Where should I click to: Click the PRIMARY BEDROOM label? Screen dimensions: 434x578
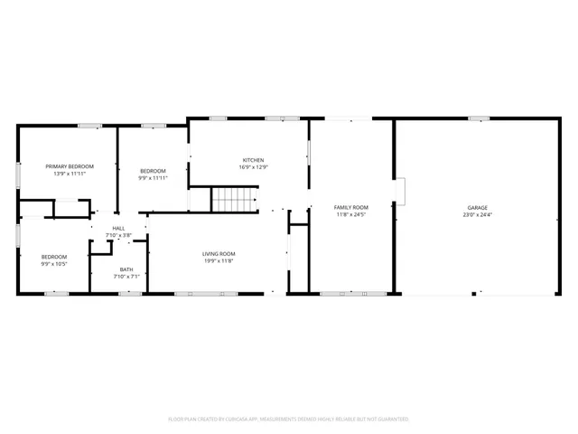pyautogui.click(x=70, y=166)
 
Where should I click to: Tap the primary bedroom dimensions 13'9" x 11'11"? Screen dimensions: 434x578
pyautogui.click(x=70, y=174)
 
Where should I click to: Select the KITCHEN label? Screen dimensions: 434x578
pyautogui.click(x=252, y=160)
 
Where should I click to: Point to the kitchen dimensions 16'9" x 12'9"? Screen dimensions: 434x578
pyautogui.click(x=252, y=167)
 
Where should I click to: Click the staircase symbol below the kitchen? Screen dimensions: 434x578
pyautogui.click(x=235, y=200)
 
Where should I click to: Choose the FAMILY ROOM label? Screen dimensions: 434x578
pyautogui.click(x=351, y=207)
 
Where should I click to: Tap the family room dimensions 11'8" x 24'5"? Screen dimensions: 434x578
pyautogui.click(x=351, y=214)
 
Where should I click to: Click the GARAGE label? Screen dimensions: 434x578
pyautogui.click(x=477, y=207)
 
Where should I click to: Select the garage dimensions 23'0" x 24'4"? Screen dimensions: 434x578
pyautogui.click(x=477, y=214)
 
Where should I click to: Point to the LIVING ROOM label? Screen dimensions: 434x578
pyautogui.click(x=219, y=253)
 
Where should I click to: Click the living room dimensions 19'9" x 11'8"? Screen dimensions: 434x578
pyautogui.click(x=219, y=260)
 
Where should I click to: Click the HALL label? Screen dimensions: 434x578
pyautogui.click(x=118, y=228)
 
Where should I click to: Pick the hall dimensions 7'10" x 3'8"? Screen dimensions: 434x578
pyautogui.click(x=118, y=235)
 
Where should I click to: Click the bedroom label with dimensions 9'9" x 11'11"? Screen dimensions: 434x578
pyautogui.click(x=153, y=171)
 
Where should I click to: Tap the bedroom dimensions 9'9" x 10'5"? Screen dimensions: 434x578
pyautogui.click(x=53, y=264)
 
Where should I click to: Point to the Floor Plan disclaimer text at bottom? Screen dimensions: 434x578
pyautogui.click(x=288, y=419)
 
